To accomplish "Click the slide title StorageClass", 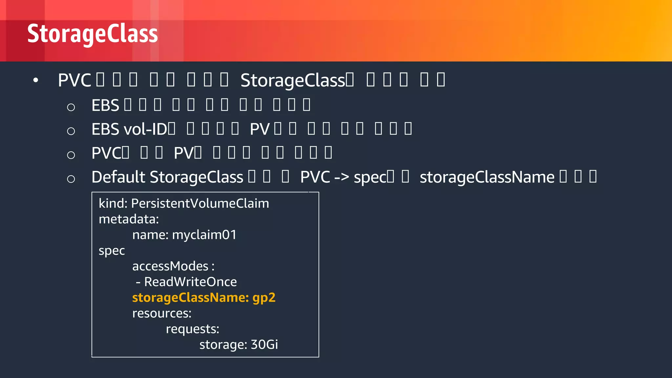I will tap(93, 34).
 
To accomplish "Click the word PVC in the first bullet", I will tap(74, 80).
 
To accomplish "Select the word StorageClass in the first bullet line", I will tap(292, 80).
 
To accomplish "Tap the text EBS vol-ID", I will tap(129, 129).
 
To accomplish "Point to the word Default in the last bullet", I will tap(118, 177).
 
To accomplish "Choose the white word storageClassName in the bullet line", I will tap(487, 178).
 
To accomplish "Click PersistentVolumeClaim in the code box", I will tap(200, 203).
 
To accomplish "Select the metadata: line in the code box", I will tap(129, 219).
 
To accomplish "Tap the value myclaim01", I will tap(204, 235).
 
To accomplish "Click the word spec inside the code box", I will tap(112, 251).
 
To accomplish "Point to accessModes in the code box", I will tap(170, 266).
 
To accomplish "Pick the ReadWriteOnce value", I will tap(190, 282).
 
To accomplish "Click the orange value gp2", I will tap(264, 298).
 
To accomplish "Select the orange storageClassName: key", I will tap(190, 298).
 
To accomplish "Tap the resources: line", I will tap(162, 313).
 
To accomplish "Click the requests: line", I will tap(192, 329).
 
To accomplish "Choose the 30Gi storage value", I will tap(264, 345).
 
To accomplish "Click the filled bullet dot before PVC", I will tap(36, 80).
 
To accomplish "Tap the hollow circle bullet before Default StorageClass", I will tap(71, 179).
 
